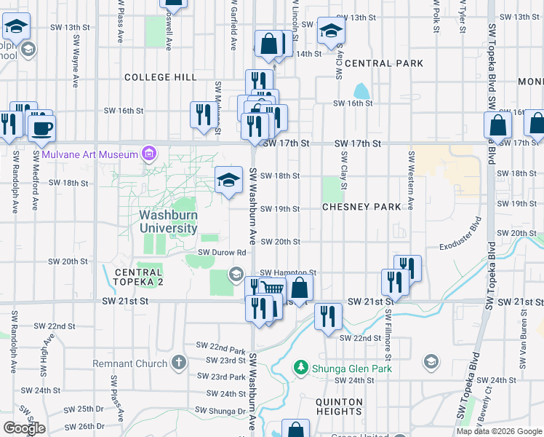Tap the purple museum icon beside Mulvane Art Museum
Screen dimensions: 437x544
(149, 154)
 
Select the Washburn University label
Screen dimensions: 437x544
(169, 221)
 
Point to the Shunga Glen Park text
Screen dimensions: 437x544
(352, 369)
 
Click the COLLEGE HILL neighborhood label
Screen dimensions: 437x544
(160, 77)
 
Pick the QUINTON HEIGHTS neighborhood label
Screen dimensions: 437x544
(339, 406)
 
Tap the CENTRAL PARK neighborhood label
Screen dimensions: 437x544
(384, 63)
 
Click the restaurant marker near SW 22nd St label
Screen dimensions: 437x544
(328, 317)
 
